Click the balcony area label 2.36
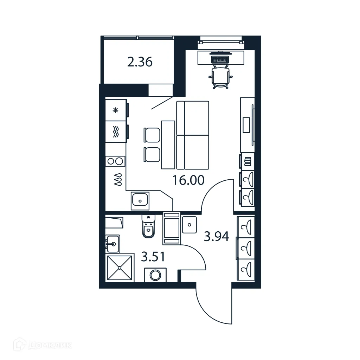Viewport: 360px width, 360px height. point(140,63)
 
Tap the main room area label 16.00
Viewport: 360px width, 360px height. point(188,180)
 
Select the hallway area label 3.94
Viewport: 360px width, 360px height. point(217,237)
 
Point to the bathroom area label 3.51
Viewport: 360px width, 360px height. point(153,257)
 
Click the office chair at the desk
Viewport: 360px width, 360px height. point(221,77)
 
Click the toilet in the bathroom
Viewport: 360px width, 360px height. point(148,227)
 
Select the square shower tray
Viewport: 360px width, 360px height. point(120,268)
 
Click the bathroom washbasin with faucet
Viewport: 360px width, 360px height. point(112,243)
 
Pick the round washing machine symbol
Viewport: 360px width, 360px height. point(155,275)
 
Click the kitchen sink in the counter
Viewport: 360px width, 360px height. point(140,201)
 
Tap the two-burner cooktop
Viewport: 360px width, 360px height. point(116,161)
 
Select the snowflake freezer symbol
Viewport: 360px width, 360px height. point(115,110)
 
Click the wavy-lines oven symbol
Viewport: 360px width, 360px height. point(115,132)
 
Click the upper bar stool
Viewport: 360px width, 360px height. point(152,134)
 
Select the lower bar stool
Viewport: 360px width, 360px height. point(152,154)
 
